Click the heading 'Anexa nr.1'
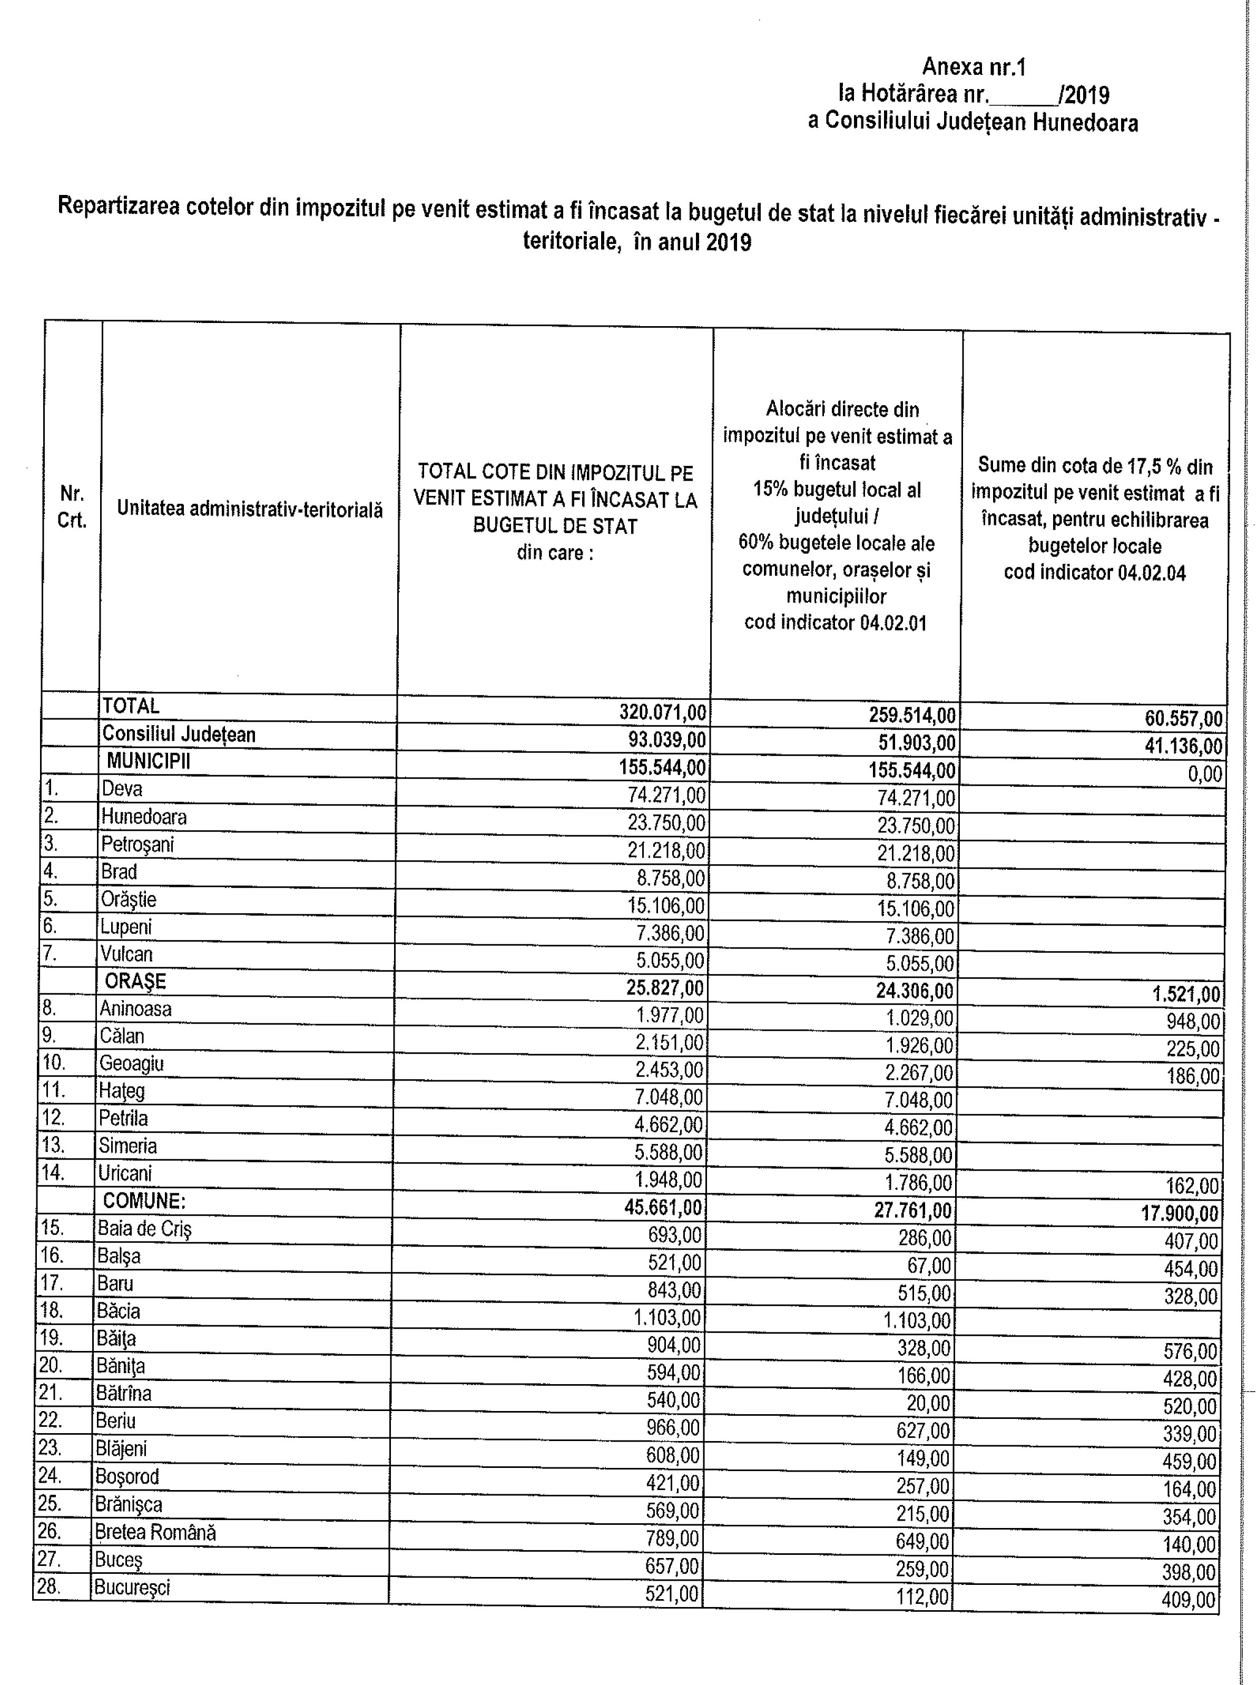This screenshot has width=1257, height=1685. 974,68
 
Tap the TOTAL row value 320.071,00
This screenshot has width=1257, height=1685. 663,712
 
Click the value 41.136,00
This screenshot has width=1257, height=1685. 1183,746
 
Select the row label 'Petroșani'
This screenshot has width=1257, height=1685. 137,844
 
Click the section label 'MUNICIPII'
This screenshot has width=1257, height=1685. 149,761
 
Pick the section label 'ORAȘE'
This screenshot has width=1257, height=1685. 135,981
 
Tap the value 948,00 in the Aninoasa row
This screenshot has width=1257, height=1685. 1193,1021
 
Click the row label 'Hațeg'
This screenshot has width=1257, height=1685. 122,1091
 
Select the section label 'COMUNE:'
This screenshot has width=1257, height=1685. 144,1201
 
